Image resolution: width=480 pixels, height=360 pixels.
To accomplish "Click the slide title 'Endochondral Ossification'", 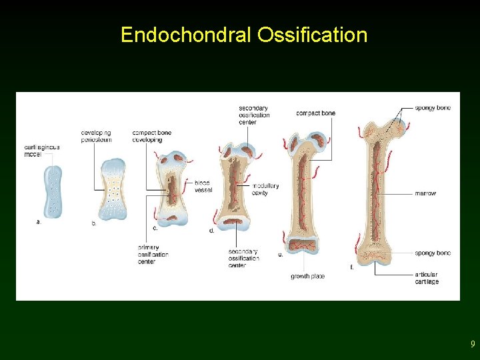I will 243,35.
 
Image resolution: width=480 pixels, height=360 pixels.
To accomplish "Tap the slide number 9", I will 473,344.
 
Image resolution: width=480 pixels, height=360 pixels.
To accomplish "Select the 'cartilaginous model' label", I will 42,151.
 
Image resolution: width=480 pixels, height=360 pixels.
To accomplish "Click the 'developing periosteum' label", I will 96,136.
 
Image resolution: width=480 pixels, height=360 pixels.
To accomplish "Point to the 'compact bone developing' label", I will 151,136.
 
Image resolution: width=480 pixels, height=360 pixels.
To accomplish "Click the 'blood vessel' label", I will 203,186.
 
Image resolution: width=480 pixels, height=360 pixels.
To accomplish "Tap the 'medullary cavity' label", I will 265,189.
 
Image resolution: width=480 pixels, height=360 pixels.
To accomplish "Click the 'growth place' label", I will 307,276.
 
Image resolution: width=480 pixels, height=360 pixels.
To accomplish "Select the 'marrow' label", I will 425,193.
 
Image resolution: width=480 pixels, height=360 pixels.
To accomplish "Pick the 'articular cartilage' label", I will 427,278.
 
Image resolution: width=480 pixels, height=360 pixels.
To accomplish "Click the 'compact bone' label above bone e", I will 315,113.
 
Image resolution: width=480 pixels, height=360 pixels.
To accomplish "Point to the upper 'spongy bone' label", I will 433,108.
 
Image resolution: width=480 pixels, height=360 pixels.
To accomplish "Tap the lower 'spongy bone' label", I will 433,253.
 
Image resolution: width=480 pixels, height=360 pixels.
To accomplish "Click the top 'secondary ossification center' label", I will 254,115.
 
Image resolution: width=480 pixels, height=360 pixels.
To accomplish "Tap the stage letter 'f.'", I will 352,267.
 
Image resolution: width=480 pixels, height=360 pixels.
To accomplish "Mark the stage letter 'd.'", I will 211,231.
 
